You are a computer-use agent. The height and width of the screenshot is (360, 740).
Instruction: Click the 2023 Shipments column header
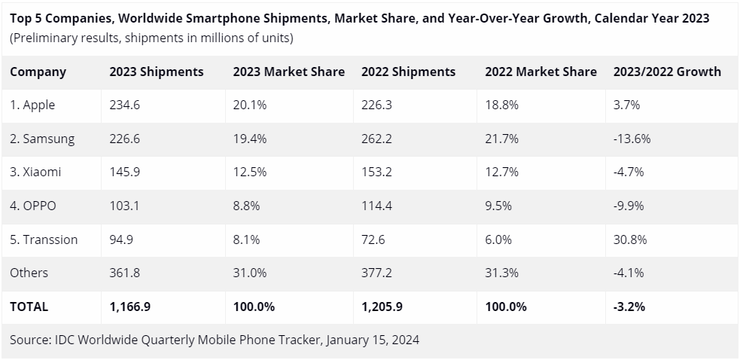156,72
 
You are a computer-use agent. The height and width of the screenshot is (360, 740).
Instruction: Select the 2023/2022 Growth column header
667,72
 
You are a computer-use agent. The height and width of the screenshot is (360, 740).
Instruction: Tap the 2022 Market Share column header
541,72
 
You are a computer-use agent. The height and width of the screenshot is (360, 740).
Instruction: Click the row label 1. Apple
32,105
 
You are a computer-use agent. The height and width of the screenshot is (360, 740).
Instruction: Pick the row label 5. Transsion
44,239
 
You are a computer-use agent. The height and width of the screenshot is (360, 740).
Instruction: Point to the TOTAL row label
29,307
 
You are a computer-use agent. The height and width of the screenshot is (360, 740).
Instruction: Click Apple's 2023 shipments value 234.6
124,105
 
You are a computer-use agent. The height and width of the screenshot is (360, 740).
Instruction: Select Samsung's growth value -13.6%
632,139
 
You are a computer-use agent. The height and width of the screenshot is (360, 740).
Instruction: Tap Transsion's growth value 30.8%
629,239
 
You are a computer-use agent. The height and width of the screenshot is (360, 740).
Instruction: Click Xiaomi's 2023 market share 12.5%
249,172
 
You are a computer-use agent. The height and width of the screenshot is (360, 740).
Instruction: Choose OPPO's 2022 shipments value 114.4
376,206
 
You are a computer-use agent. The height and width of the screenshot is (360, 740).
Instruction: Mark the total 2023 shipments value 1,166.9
129,307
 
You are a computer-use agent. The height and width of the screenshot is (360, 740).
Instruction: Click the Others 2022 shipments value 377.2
376,273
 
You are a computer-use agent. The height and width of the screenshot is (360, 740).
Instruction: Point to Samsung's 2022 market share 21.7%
501,139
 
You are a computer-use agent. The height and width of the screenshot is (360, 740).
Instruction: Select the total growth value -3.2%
629,307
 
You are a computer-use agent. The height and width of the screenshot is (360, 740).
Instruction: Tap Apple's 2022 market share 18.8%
501,105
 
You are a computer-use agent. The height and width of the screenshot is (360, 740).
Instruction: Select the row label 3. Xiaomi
35,172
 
